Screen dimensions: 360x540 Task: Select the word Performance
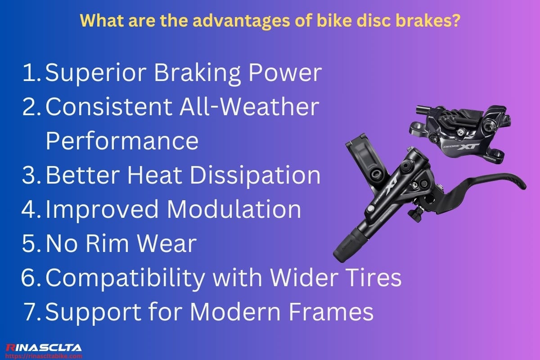pyautogui.click(x=122, y=141)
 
